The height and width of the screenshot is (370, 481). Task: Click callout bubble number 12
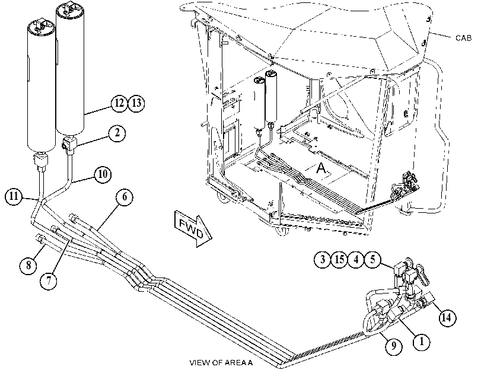pyautogui.click(x=119, y=103)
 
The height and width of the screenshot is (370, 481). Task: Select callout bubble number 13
pyautogui.click(x=136, y=103)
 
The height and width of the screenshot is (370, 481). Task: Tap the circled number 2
pyautogui.click(x=117, y=133)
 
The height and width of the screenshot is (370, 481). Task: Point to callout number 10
pyautogui.click(x=103, y=174)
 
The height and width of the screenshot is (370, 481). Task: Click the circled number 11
pyautogui.click(x=14, y=196)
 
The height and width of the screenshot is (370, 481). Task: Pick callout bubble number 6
pyautogui.click(x=125, y=197)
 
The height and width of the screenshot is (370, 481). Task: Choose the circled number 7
pyautogui.click(x=49, y=280)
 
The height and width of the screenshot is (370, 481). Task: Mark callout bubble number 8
pyautogui.click(x=28, y=264)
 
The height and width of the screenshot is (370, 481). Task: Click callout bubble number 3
pyautogui.click(x=323, y=260)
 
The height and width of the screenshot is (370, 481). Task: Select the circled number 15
pyautogui.click(x=339, y=260)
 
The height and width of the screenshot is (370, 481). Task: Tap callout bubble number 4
pyautogui.click(x=356, y=260)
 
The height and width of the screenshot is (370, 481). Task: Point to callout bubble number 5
pyautogui.click(x=372, y=260)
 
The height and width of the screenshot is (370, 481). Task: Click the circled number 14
pyautogui.click(x=447, y=317)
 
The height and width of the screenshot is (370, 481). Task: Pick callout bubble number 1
pyautogui.click(x=422, y=341)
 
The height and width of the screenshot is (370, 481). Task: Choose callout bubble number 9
pyautogui.click(x=393, y=346)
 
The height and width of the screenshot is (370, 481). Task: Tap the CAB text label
pyautogui.click(x=463, y=38)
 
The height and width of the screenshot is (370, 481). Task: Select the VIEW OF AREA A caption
pyautogui.click(x=221, y=363)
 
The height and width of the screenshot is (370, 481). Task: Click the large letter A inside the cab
pyautogui.click(x=321, y=168)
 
